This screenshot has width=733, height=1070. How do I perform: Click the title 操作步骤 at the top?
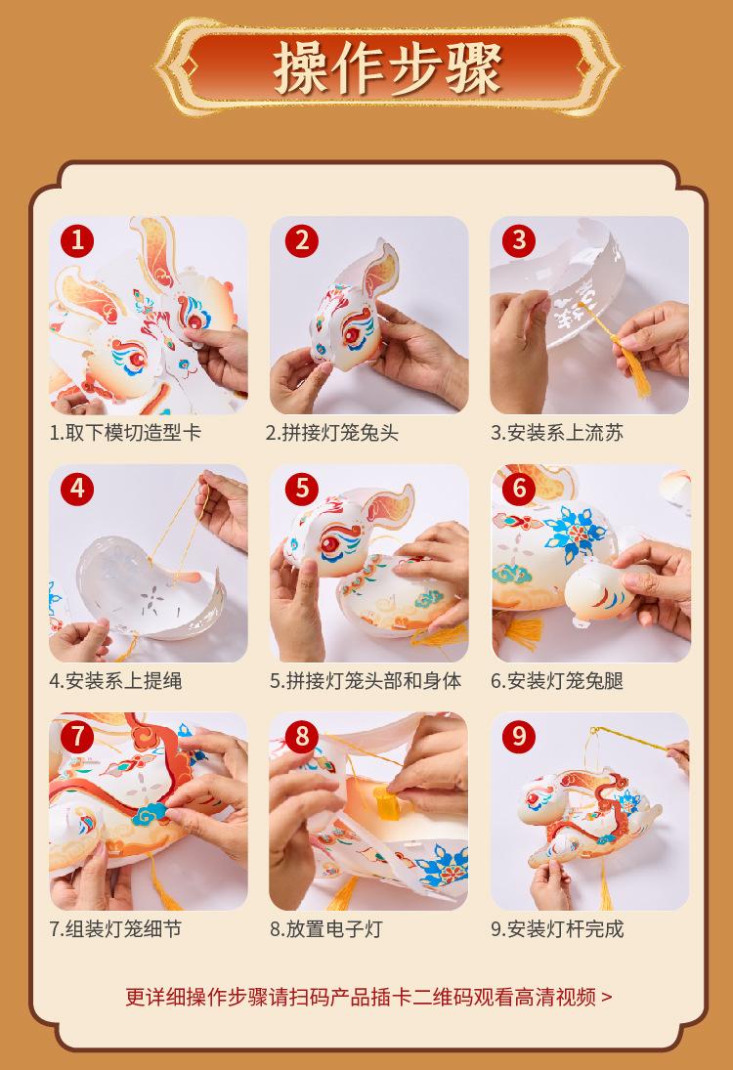click(x=387, y=69)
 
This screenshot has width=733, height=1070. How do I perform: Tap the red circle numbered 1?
click(x=77, y=240)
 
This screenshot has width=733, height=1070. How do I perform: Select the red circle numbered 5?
click(x=302, y=489)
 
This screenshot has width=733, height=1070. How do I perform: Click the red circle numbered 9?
click(x=519, y=737)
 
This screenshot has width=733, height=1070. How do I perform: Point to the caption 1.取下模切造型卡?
click(x=125, y=433)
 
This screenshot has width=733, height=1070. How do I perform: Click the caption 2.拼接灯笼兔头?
click(x=332, y=433)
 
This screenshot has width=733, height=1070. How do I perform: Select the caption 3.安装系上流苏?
click(x=557, y=433)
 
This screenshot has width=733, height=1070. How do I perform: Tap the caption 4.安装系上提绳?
click(x=115, y=681)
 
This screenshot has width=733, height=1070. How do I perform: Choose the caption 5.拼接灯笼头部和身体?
click(x=366, y=681)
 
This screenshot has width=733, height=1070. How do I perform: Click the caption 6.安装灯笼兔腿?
click(x=557, y=681)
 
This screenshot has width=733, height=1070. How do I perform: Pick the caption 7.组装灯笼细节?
click(x=115, y=928)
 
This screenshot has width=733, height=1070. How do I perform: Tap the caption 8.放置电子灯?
click(x=326, y=928)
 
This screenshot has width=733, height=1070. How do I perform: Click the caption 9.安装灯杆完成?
click(x=557, y=928)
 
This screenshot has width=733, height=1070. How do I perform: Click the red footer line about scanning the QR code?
click(x=368, y=997)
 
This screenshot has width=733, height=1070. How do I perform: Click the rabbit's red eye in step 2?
click(x=353, y=335)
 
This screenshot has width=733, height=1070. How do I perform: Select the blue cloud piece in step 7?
click(x=151, y=812)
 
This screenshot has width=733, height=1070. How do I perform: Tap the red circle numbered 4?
click(x=77, y=489)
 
